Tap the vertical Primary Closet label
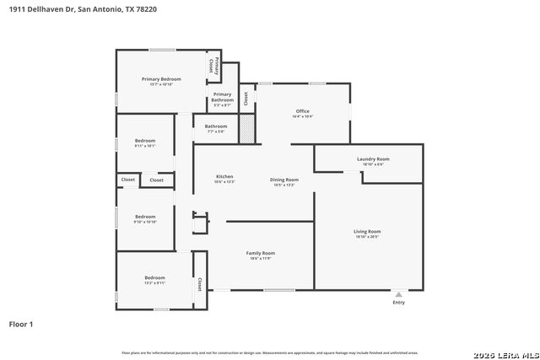point(214,64)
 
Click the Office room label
point(302,111)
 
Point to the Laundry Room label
point(372,159)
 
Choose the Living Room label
point(367,231)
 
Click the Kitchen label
point(224,176)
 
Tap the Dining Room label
point(283,180)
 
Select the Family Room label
point(260,253)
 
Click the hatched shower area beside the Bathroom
point(247,127)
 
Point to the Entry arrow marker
point(398,294)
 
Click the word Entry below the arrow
point(398,303)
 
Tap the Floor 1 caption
point(20,324)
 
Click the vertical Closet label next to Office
point(246,97)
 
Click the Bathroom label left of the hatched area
point(216,126)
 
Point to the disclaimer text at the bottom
point(269,352)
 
